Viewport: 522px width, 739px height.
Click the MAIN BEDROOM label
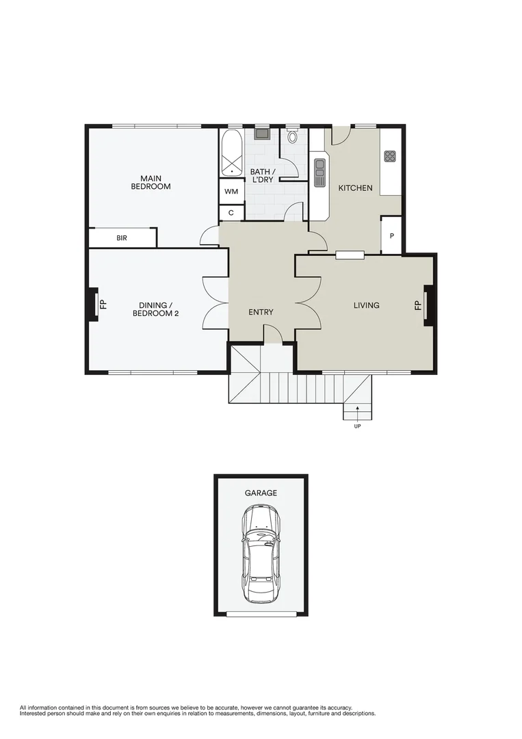coord(151,181)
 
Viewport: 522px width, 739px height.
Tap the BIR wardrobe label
coord(122,238)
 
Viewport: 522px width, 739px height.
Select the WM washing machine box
coord(231,191)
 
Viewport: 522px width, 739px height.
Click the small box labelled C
coord(231,213)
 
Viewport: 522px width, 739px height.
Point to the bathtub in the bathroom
coord(231,154)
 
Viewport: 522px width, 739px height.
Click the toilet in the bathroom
coord(293,136)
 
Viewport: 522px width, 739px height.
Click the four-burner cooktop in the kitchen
coord(390,156)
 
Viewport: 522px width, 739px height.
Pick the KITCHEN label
coord(356,187)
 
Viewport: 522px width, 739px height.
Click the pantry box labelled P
coord(391,235)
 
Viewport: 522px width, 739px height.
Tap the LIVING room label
coord(366,305)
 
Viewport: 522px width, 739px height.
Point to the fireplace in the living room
coord(428,303)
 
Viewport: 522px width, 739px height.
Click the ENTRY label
coord(261,312)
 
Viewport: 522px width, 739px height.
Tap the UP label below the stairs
coord(357,426)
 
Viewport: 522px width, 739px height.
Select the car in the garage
coord(261,554)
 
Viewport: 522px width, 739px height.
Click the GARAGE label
coord(261,493)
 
